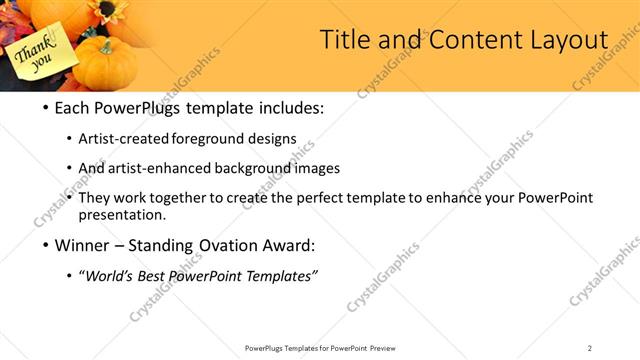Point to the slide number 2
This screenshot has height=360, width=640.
click(x=590, y=348)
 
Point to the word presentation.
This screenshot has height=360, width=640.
click(x=122, y=214)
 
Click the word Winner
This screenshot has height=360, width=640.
click(x=77, y=245)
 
